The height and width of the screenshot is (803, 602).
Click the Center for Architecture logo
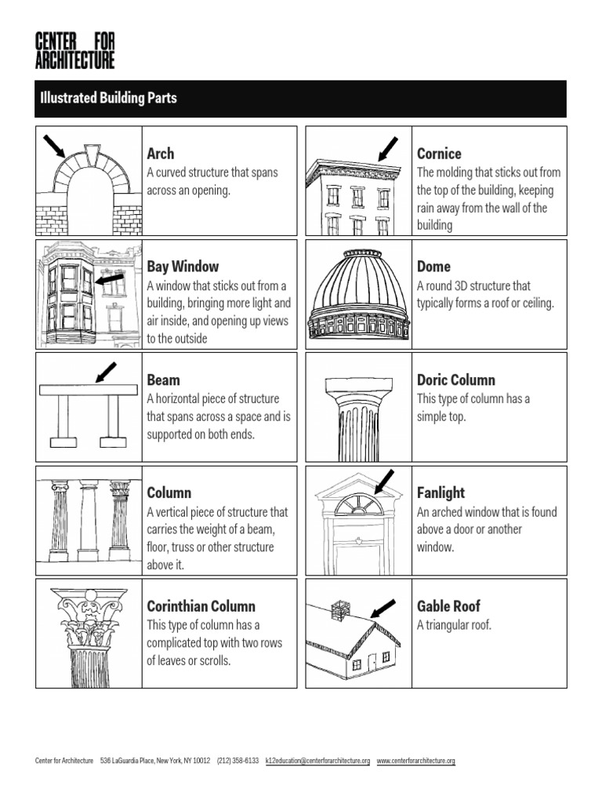(x=74, y=50)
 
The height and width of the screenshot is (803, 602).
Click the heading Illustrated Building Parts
(x=108, y=98)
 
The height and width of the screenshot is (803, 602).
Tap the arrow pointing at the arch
(x=54, y=145)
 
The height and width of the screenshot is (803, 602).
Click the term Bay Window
(x=183, y=267)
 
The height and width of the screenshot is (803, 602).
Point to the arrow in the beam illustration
(x=104, y=372)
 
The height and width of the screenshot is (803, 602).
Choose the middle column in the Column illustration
(x=89, y=521)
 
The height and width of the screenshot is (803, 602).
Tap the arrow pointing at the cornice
(x=388, y=148)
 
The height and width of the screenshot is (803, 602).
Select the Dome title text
(x=433, y=267)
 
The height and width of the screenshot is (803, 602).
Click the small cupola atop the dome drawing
(x=363, y=254)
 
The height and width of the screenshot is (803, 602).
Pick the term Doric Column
(x=455, y=380)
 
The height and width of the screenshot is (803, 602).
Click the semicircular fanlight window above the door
(x=358, y=506)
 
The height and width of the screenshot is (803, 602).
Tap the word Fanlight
(x=441, y=493)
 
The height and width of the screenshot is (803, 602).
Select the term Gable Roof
(x=448, y=606)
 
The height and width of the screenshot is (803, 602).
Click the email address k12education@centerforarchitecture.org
(x=317, y=761)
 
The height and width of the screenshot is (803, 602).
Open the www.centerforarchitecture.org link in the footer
(x=415, y=761)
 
